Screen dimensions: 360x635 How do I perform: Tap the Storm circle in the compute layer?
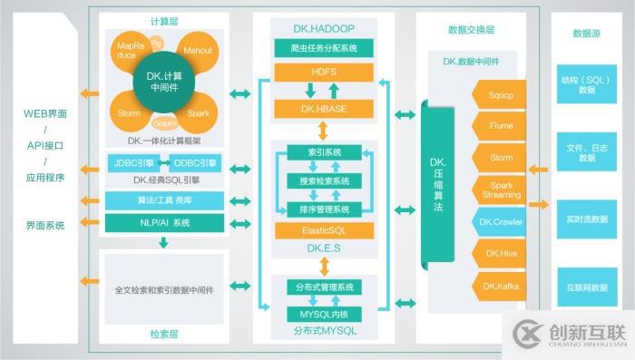click(x=129, y=113)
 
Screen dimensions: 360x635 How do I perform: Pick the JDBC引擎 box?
click(x=132, y=163)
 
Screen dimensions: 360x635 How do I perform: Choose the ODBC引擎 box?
click(x=194, y=163)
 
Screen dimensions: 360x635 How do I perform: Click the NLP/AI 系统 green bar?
click(x=163, y=222)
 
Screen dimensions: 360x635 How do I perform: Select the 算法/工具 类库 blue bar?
click(x=163, y=200)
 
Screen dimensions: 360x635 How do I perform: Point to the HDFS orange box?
click(x=324, y=72)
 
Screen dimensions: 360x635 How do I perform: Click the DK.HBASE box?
click(x=324, y=109)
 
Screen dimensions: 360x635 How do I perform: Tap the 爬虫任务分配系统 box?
click(x=324, y=46)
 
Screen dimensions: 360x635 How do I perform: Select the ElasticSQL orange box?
click(x=324, y=231)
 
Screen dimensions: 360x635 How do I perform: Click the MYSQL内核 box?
click(x=324, y=314)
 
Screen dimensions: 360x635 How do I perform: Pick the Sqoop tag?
click(x=500, y=93)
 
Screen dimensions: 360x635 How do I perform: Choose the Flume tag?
click(x=500, y=125)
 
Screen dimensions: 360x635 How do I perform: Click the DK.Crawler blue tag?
click(x=500, y=221)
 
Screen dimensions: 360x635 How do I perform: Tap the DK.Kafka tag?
click(x=500, y=286)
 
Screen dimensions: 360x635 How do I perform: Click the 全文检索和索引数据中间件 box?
click(x=163, y=291)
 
